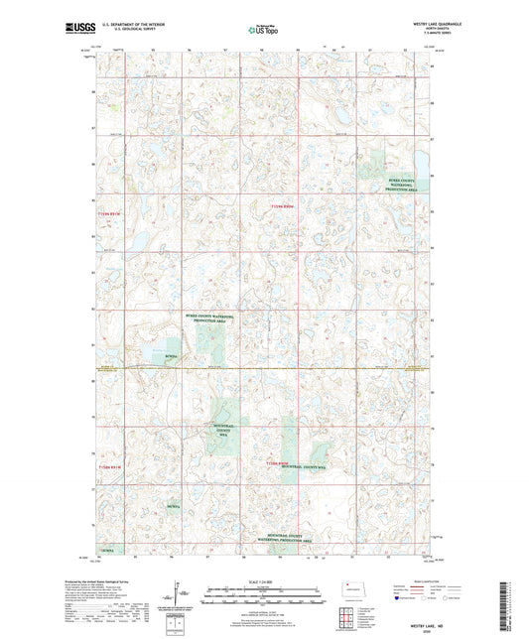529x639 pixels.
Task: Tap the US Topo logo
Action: [263, 30]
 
